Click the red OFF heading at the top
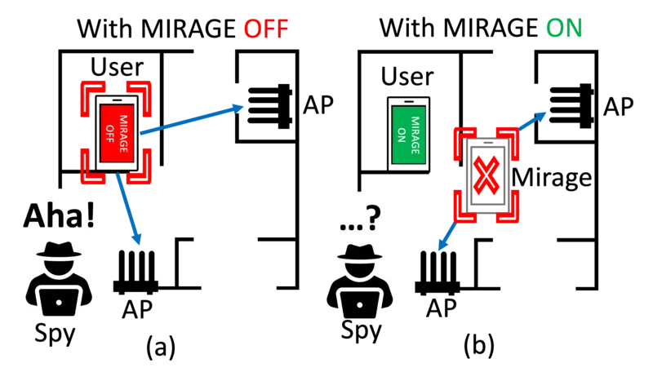(x=266, y=29)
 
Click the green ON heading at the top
(x=565, y=28)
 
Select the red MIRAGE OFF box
(x=117, y=133)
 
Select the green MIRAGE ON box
(x=408, y=135)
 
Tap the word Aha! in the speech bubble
(x=60, y=215)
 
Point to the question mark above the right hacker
(x=372, y=216)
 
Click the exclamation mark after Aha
(x=90, y=215)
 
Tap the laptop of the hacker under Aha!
(x=59, y=302)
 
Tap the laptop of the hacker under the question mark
(x=359, y=304)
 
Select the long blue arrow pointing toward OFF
(x=193, y=119)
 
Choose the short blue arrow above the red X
(x=533, y=122)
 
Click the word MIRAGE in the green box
(x=415, y=135)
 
